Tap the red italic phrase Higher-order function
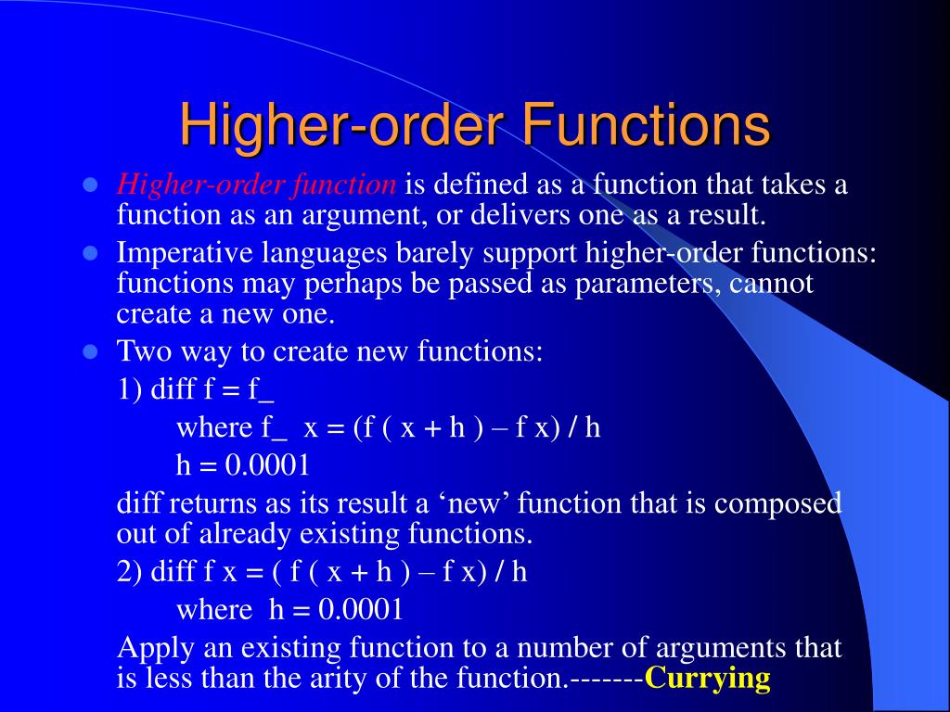pos(256,184)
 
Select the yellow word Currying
pos(708,679)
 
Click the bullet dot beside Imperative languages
pos(91,252)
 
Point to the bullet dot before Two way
pos(91,351)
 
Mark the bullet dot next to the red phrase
pos(91,184)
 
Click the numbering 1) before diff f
pos(129,389)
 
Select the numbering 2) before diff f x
pos(129,571)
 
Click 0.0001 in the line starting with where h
pos(361,609)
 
